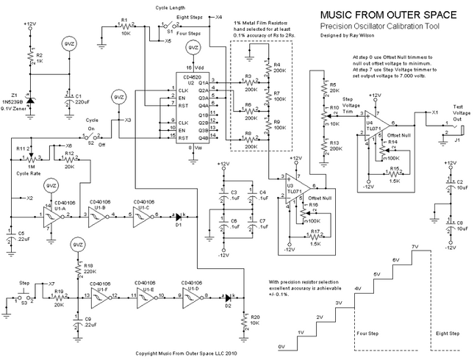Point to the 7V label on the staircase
(415, 247)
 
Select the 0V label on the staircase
(281, 345)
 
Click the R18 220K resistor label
(89, 269)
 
